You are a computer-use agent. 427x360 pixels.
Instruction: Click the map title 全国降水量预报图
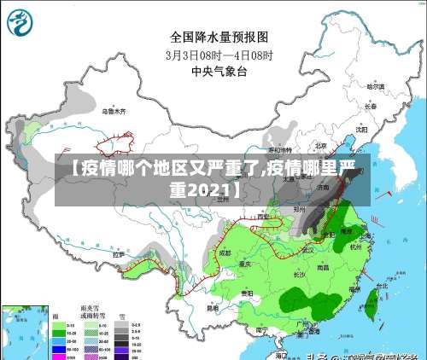pos(219,37)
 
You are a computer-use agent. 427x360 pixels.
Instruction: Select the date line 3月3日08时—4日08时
pos(219,55)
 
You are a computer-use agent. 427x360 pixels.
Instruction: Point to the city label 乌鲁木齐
pos(114,112)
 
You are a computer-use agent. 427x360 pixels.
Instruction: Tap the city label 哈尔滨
pos(376,86)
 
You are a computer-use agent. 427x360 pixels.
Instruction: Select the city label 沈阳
pos(361,130)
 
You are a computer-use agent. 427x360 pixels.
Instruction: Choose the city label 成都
pos(224,253)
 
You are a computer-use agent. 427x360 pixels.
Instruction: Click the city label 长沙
pos(299,275)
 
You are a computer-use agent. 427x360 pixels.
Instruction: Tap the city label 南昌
pos(323,267)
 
